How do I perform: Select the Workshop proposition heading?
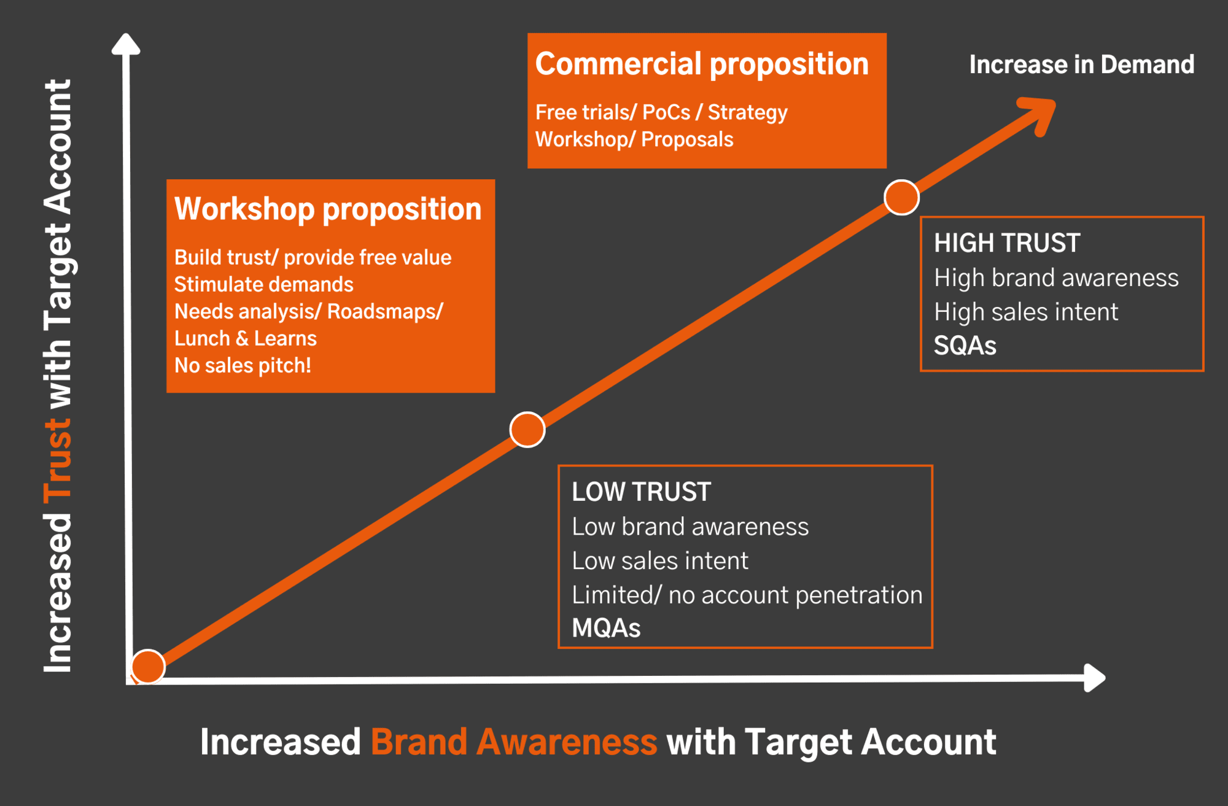tap(328, 210)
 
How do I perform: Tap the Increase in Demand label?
tap(1082, 64)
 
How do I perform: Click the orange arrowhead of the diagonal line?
tap(1039, 115)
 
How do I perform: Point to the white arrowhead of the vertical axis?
tap(126, 44)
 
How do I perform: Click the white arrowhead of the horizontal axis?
tap(1095, 678)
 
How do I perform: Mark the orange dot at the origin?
tap(148, 667)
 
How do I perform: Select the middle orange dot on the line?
tap(527, 430)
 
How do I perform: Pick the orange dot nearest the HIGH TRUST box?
tap(901, 198)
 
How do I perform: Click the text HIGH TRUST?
tap(1007, 243)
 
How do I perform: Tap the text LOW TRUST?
tap(641, 492)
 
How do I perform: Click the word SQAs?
tap(965, 346)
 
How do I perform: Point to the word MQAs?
tap(606, 628)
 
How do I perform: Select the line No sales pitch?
tap(243, 366)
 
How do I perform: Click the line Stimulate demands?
tap(264, 285)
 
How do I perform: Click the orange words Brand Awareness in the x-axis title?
tap(514, 742)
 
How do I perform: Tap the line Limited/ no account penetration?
tap(747, 595)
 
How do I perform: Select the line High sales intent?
tap(1026, 312)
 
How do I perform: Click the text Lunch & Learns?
tap(246, 339)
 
